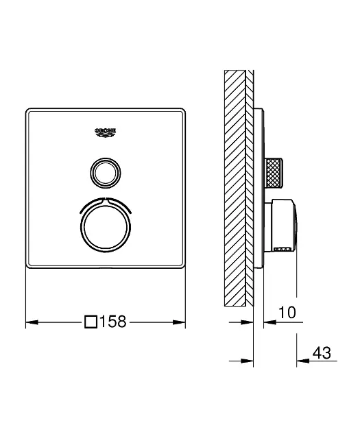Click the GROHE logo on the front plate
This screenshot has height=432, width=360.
[106, 132]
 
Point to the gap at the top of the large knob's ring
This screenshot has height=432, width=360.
[106, 199]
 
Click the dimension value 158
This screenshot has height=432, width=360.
[114, 321]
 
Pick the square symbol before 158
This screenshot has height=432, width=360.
[91, 321]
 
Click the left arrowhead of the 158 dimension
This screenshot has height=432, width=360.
[31, 321]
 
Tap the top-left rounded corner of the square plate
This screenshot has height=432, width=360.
[31, 112]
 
